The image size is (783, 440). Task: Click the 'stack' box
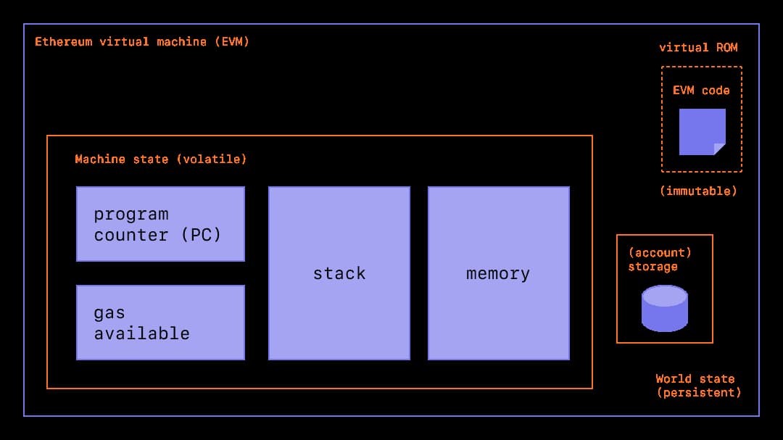pos(339,273)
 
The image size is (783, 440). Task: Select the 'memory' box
pos(498,273)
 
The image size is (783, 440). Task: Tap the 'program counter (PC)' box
pos(160,224)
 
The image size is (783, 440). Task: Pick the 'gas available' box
pos(160,323)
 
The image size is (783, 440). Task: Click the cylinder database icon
pos(664,308)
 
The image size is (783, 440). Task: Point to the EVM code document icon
pos(702,132)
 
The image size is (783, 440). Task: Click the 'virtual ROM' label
pos(698,48)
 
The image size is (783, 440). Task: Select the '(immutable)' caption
pos(698,191)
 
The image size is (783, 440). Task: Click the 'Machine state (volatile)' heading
pos(161,159)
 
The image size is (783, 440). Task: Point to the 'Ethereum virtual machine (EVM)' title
pos(142,41)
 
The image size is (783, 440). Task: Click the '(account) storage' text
pos(659,260)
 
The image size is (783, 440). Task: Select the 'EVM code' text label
pos(701,91)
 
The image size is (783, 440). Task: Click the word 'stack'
pos(339,273)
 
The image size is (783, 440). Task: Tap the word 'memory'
pos(498,273)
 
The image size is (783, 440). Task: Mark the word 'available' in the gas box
pos(142,333)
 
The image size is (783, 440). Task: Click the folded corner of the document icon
pos(719,149)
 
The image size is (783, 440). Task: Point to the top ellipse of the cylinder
pos(664,295)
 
